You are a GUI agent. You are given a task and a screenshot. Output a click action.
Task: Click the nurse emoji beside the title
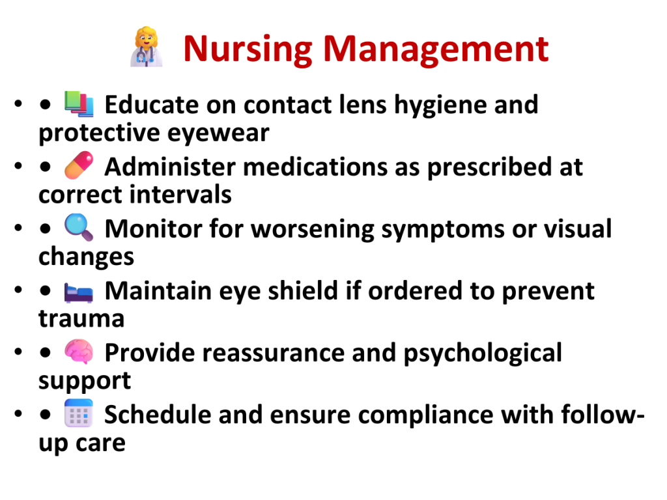(147, 47)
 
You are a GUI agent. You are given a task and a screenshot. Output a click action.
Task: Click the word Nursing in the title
(248, 49)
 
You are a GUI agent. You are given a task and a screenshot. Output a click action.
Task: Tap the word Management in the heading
(436, 49)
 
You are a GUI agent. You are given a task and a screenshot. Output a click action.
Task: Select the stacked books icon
(79, 104)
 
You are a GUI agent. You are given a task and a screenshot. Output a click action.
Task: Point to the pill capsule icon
(79, 165)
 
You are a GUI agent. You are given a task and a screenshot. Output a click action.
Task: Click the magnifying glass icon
(79, 227)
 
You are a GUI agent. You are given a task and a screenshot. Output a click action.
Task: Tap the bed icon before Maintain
(79, 292)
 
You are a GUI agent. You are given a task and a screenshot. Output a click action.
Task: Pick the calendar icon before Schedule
(79, 413)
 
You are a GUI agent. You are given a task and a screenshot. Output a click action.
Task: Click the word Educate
(152, 105)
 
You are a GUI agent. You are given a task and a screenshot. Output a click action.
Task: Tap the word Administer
(170, 167)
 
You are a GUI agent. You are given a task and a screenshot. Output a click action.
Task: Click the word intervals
(180, 194)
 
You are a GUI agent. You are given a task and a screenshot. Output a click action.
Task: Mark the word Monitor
(153, 229)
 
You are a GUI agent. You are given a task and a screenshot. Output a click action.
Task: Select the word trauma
(81, 319)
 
